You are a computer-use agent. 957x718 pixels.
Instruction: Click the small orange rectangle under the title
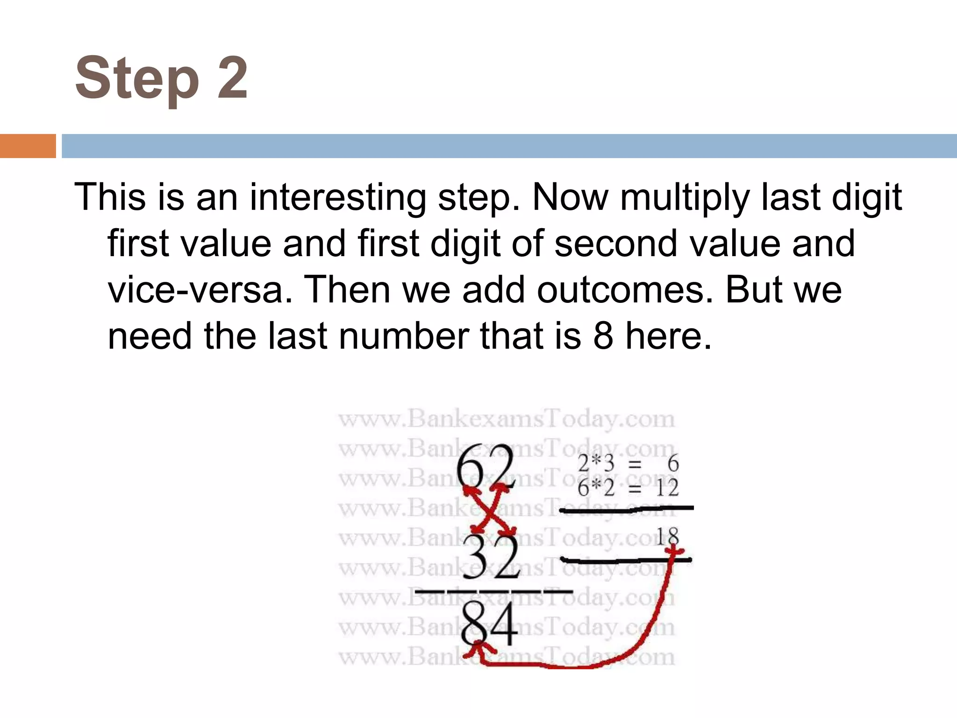point(28,146)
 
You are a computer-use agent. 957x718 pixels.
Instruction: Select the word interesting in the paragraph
point(338,197)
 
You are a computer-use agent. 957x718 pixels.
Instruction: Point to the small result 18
point(667,537)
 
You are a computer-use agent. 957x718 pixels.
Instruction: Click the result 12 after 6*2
point(667,488)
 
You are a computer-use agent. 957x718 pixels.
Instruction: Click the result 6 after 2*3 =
point(673,464)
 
